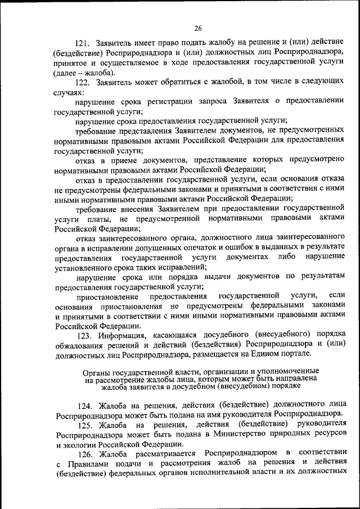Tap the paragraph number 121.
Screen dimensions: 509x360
(84, 43)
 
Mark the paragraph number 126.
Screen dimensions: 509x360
(85, 453)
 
